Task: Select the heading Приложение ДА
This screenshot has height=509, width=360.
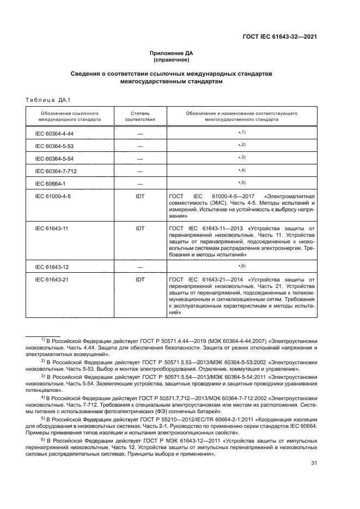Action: tap(172, 53)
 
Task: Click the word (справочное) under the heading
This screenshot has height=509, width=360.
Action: tap(172, 60)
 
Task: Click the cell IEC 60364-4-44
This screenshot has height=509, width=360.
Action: tap(54, 133)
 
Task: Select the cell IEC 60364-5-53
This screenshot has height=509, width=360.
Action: tap(54, 146)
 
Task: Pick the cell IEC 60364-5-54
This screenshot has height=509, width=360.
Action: tap(54, 158)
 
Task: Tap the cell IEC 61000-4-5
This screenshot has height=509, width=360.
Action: tap(53, 196)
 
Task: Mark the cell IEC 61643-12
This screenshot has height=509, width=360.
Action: tap(53, 267)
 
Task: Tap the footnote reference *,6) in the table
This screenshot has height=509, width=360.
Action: tap(242, 266)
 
